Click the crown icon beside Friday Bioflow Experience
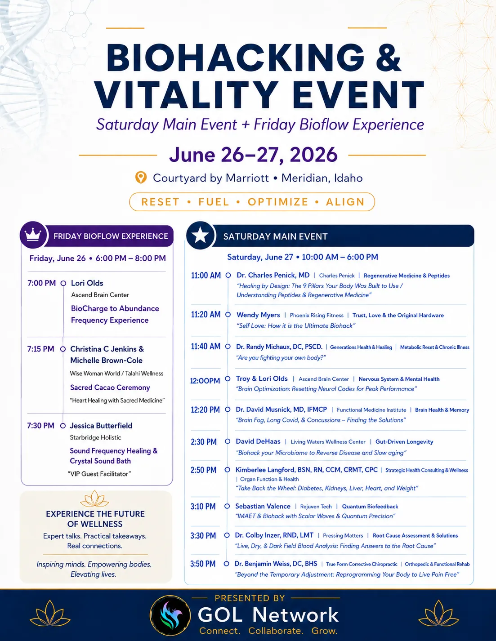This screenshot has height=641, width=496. (x=33, y=235)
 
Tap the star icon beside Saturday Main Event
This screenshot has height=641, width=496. (x=201, y=236)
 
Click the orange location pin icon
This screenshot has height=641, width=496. (x=141, y=178)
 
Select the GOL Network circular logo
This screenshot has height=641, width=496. (x=170, y=615)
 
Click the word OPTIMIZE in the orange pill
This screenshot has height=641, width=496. (x=278, y=202)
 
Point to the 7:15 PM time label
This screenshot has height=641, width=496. (x=41, y=349)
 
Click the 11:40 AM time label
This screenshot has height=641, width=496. (x=206, y=346)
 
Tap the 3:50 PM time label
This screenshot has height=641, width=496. (x=203, y=564)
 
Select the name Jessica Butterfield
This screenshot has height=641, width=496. (x=101, y=426)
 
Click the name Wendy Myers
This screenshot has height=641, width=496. (x=258, y=315)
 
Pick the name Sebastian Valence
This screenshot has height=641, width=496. (x=263, y=506)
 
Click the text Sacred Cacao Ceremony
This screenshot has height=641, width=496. (x=110, y=387)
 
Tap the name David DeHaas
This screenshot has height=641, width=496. (x=258, y=441)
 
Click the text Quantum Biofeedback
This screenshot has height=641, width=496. (x=370, y=507)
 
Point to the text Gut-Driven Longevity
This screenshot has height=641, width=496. (x=404, y=441)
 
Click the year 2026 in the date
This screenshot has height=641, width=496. (x=313, y=154)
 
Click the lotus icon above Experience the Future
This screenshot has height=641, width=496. (x=94, y=499)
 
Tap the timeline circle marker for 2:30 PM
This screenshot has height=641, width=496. (x=228, y=441)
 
